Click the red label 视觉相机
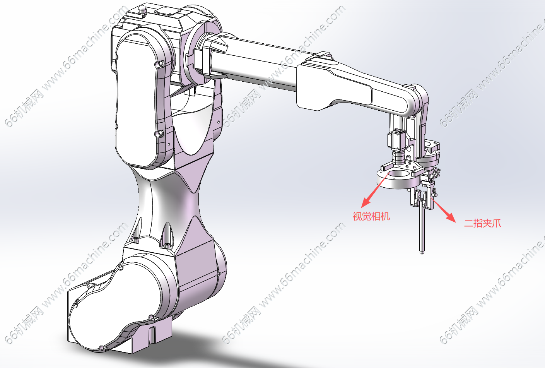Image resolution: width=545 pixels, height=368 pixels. pos(371,216)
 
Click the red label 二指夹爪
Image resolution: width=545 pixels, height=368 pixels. pos(482,223)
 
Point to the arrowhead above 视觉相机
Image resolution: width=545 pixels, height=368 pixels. pos(366,202)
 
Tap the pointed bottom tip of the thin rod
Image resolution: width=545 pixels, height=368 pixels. pos(422,253)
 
